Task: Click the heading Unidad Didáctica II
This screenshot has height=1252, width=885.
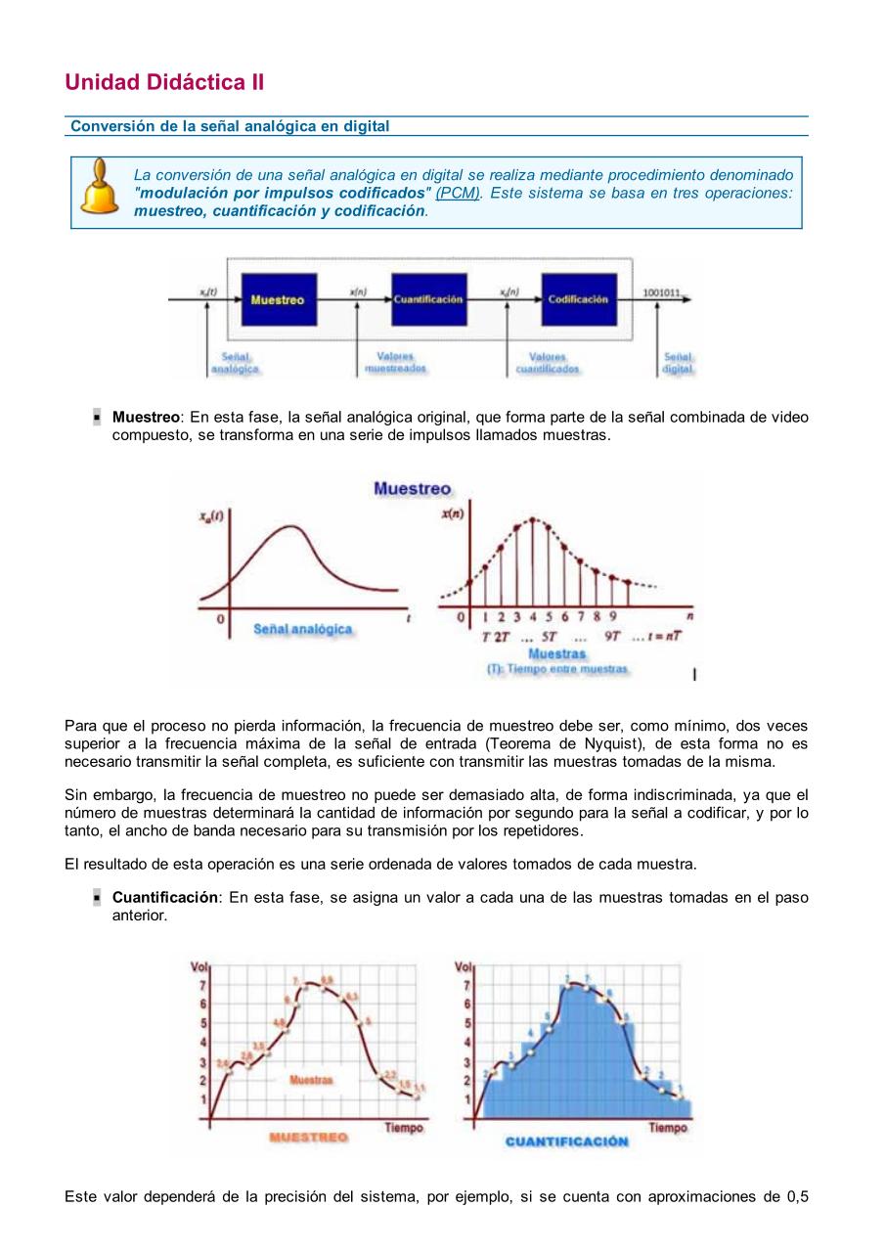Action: (164, 82)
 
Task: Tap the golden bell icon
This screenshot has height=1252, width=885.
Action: (99, 188)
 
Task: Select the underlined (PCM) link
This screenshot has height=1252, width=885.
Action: (458, 194)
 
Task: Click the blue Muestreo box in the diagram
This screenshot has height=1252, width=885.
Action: (277, 300)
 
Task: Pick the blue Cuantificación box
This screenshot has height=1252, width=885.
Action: (428, 299)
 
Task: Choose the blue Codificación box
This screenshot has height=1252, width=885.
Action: (578, 299)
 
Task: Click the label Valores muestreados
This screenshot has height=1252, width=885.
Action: (395, 363)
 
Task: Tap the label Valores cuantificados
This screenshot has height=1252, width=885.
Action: (548, 363)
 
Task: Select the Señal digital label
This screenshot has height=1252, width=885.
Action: (678, 363)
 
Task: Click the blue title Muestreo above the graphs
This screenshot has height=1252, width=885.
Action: (412, 489)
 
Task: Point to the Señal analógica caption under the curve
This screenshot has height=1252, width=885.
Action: (302, 630)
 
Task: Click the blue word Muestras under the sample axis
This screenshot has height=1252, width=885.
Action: (557, 653)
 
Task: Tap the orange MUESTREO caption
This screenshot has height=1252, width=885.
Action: (308, 1139)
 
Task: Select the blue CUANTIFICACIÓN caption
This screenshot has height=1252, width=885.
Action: (566, 1141)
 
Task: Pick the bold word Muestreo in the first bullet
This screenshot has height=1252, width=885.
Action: (146, 417)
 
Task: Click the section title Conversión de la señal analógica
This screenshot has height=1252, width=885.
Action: (230, 126)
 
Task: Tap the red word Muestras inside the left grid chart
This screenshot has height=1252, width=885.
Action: (311, 1080)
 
